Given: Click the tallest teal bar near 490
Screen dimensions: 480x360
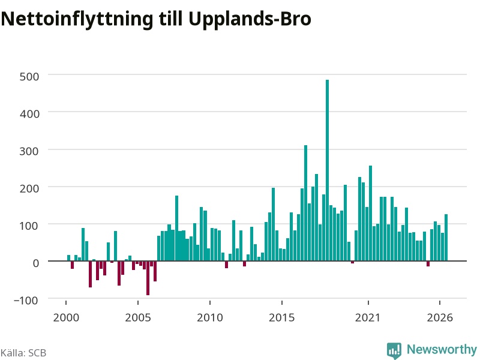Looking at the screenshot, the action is pyautogui.click(x=327, y=170).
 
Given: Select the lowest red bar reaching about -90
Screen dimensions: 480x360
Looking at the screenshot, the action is pyautogui.click(x=148, y=278).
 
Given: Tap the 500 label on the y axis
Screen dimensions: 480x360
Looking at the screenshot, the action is pyautogui.click(x=29, y=77).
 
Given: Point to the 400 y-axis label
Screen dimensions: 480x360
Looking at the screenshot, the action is pyautogui.click(x=29, y=114).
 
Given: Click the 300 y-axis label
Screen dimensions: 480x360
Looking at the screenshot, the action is pyautogui.click(x=29, y=151).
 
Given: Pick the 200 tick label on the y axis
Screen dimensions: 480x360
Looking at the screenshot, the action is pyautogui.click(x=29, y=188).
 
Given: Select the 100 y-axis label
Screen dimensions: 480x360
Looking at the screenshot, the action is pyautogui.click(x=29, y=226).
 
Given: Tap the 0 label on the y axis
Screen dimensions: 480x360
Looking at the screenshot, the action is pyautogui.click(x=36, y=263).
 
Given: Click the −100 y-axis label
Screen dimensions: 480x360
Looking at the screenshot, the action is pyautogui.click(x=26, y=301).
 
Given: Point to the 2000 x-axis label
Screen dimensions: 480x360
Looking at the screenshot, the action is pyautogui.click(x=66, y=317).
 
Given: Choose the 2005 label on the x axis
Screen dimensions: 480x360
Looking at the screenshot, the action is pyautogui.click(x=138, y=317).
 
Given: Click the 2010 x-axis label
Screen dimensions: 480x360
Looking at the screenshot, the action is pyautogui.click(x=210, y=317).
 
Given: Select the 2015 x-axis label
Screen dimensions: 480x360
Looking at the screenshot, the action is pyautogui.click(x=282, y=317).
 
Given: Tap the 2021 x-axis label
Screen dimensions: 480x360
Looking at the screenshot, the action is pyautogui.click(x=368, y=317).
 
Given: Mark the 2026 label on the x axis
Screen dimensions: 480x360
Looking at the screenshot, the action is pyautogui.click(x=440, y=317).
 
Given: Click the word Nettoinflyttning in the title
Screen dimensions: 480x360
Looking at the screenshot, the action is pyautogui.click(x=77, y=19).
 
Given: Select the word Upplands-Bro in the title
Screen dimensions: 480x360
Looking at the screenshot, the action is pyautogui.click(x=250, y=19).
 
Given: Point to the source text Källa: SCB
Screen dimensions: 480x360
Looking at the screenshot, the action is pyautogui.click(x=23, y=353).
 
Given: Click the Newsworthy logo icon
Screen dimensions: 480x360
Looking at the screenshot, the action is pyautogui.click(x=394, y=350).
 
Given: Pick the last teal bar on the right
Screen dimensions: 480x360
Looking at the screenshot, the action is pyautogui.click(x=446, y=238).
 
